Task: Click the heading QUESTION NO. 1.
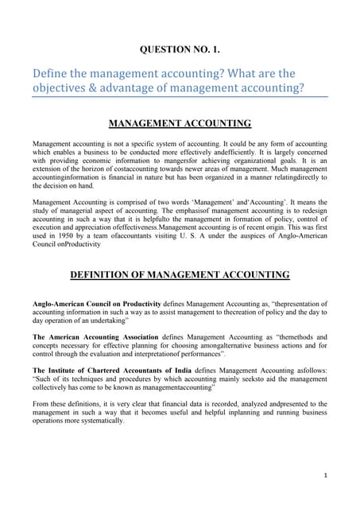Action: [x=180, y=49]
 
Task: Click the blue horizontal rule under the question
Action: [x=180, y=97]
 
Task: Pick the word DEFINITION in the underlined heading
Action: [x=107, y=275]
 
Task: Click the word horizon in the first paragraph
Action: [x=106, y=178]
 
